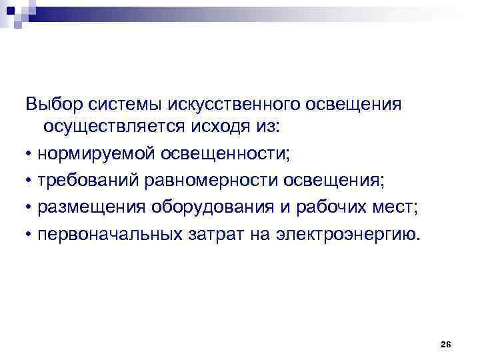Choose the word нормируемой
[x=97, y=154]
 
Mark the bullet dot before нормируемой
[x=30, y=155]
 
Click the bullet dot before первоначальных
[x=30, y=235]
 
